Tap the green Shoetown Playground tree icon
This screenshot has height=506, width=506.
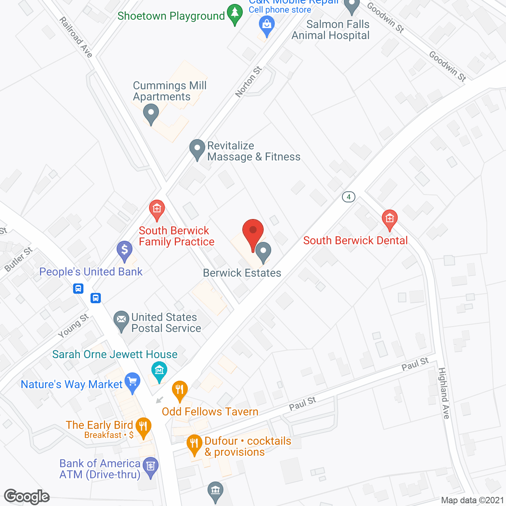tap(235, 14)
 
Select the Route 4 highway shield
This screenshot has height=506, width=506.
tap(348, 196)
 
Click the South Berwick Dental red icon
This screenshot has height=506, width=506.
tap(389, 219)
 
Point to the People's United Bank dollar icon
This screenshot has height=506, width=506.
tap(125, 250)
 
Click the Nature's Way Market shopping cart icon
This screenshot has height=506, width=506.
tap(132, 382)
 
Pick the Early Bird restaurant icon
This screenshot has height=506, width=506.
tap(143, 427)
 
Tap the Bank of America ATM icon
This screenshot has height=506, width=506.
tap(150, 466)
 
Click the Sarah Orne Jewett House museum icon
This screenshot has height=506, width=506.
tap(159, 371)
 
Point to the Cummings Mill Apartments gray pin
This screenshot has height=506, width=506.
tap(151, 113)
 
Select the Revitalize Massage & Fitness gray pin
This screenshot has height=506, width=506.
tap(197, 149)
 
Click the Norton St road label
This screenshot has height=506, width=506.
tap(248, 82)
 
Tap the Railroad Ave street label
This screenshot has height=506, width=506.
tap(76, 37)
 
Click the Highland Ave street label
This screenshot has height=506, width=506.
tap(444, 393)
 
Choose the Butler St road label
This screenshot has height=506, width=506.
tap(19, 259)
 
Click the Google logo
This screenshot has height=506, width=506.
tap(27, 497)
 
